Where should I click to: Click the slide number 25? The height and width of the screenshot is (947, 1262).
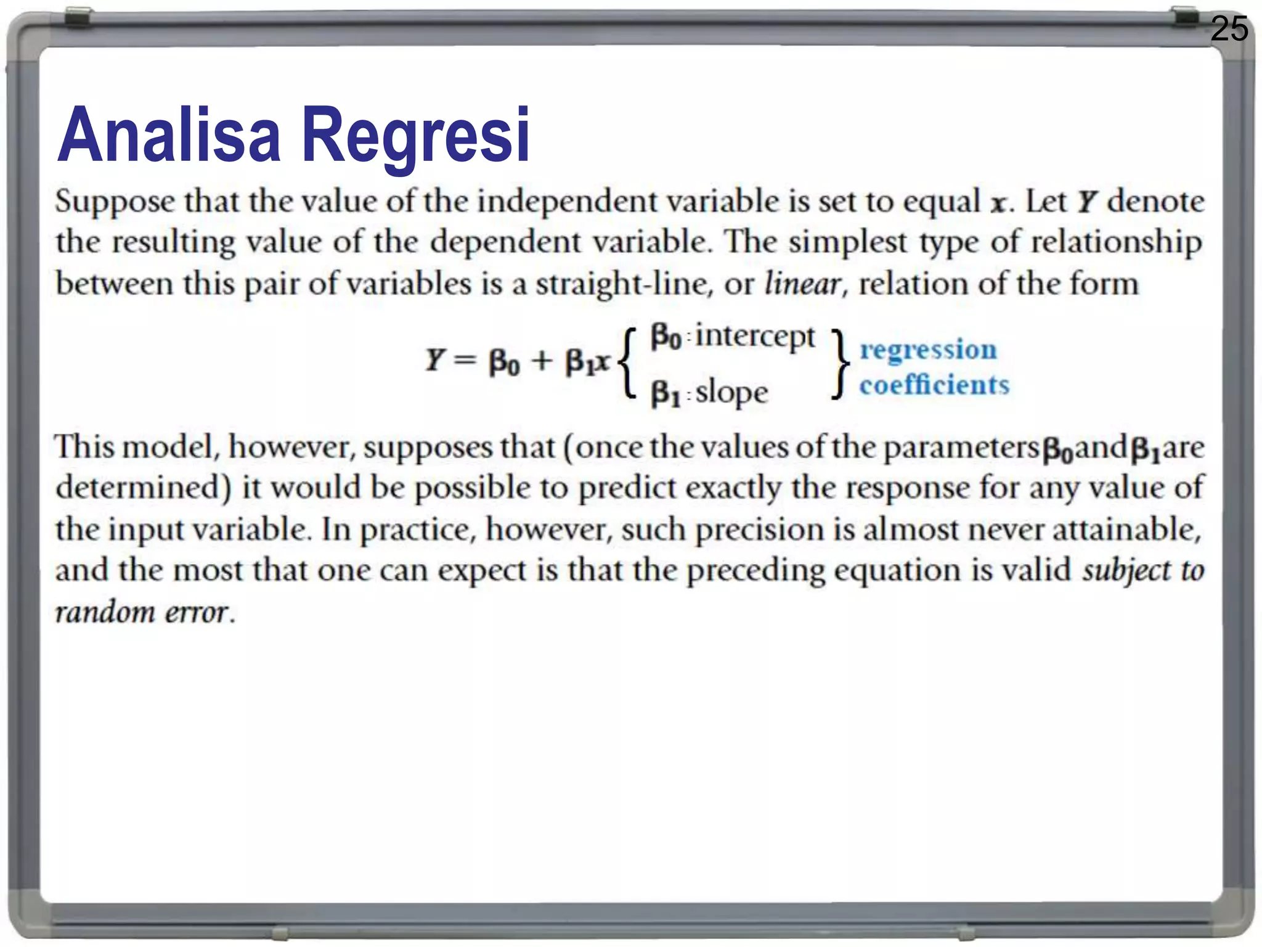1229,29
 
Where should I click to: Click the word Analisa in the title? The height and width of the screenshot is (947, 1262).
168,135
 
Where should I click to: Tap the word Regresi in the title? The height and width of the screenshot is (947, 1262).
415,137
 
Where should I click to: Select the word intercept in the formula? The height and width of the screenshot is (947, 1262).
755,337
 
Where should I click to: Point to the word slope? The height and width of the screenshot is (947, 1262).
731,393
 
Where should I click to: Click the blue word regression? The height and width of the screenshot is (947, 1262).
928,350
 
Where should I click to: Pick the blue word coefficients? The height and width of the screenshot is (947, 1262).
934,385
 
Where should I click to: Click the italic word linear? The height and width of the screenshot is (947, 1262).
803,284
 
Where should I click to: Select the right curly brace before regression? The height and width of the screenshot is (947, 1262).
840,365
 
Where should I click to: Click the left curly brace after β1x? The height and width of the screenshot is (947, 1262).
627,365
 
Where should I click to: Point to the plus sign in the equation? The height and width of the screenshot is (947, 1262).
542,361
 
